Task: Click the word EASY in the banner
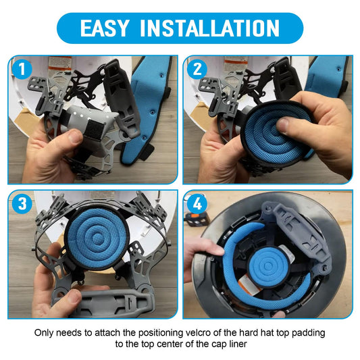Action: [x=105, y=28]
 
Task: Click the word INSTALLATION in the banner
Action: [x=209, y=28]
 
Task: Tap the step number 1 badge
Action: [x=22, y=69]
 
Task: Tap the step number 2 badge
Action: [x=197, y=69]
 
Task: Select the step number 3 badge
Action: [x=22, y=203]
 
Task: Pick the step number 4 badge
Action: [x=197, y=203]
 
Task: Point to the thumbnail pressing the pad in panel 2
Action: [x=284, y=125]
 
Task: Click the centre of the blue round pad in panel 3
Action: [x=97, y=238]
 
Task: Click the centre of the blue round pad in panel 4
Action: [x=267, y=266]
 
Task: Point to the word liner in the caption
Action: [x=238, y=344]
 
